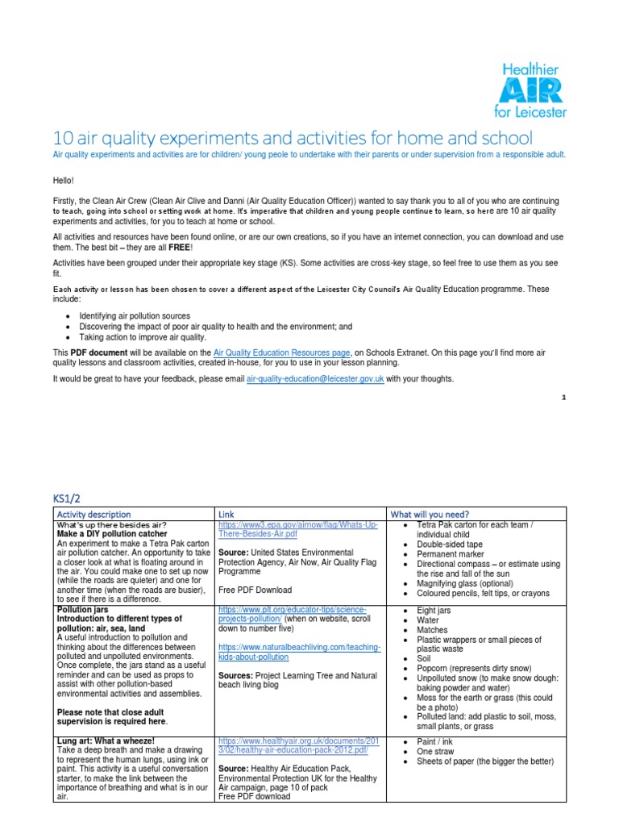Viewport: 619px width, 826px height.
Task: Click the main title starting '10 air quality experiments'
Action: click(292, 136)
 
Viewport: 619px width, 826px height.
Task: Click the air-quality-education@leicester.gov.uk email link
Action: click(315, 378)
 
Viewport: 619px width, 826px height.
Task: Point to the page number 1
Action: click(563, 398)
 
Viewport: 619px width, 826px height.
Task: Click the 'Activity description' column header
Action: click(93, 514)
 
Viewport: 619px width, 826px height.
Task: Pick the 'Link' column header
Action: click(226, 514)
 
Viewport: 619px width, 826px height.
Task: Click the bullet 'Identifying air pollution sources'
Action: click(135, 316)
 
